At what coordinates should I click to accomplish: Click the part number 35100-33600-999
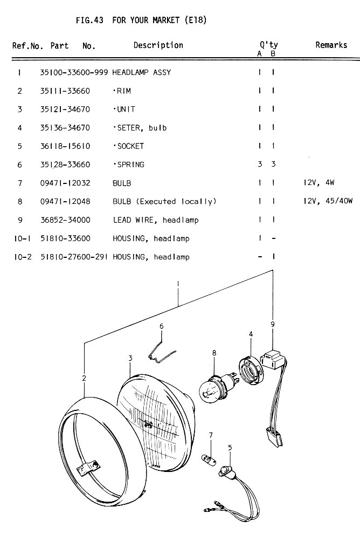(74, 72)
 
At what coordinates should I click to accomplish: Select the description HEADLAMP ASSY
(142, 72)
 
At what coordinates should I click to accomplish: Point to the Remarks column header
(331, 45)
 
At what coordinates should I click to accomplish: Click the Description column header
(158, 45)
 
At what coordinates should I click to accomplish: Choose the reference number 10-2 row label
(23, 257)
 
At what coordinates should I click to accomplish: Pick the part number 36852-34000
(65, 220)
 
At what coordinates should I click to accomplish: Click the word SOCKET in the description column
(130, 146)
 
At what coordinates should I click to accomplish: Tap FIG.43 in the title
(89, 20)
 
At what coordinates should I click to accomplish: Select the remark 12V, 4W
(319, 183)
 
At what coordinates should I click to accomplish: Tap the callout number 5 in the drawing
(230, 448)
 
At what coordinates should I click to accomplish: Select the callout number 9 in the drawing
(273, 325)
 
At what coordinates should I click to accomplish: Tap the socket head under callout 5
(226, 471)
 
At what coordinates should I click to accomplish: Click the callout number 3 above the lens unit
(130, 358)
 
